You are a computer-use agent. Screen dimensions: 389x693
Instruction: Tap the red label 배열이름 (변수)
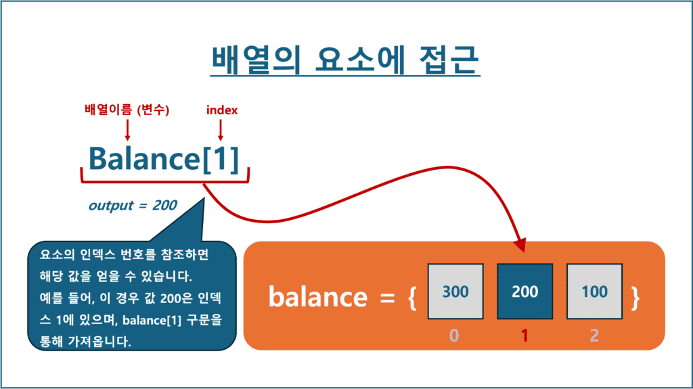(127, 110)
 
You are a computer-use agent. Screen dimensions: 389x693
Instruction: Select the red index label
(221, 110)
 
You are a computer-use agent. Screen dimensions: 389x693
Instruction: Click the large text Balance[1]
(164, 159)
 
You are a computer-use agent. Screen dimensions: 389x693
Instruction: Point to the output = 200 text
(133, 206)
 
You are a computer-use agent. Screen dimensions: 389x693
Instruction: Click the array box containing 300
(455, 292)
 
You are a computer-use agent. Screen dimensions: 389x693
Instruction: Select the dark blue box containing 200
(524, 292)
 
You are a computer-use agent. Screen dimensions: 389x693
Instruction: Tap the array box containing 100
(594, 292)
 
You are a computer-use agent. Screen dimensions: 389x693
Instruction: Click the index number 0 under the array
(454, 334)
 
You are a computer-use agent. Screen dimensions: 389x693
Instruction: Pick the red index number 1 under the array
(524, 334)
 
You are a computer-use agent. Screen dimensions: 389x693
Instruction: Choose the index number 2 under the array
(594, 334)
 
